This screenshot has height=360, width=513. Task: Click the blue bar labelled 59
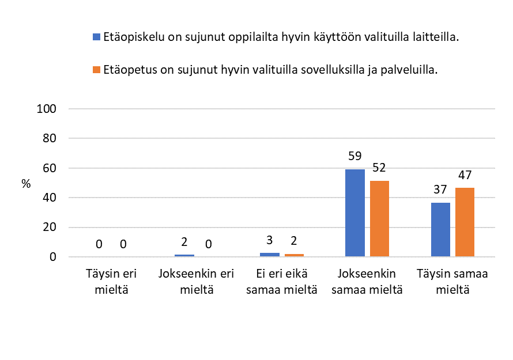pyautogui.click(x=355, y=213)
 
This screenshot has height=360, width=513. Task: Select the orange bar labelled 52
pyautogui.click(x=379, y=218)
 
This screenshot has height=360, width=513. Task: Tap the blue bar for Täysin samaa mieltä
pyautogui.click(x=440, y=229)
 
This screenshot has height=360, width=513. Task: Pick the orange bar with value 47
pyautogui.click(x=465, y=222)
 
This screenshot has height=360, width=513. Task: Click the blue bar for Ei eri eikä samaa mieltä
pyautogui.click(x=270, y=254)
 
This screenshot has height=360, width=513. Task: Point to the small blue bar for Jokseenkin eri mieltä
pyautogui.click(x=184, y=255)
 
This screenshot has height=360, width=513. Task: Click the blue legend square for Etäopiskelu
pyautogui.click(x=96, y=37)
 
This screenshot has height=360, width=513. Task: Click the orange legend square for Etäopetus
pyautogui.click(x=96, y=70)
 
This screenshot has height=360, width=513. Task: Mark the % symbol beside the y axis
pyautogui.click(x=26, y=184)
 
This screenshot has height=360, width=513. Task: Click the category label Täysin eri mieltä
pyautogui.click(x=111, y=282)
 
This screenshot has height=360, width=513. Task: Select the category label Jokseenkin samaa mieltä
pyautogui.click(x=367, y=282)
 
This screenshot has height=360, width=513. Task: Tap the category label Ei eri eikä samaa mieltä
pyautogui.click(x=282, y=282)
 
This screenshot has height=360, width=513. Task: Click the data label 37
pyautogui.click(x=440, y=190)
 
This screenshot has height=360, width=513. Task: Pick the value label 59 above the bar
pyautogui.click(x=355, y=156)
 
